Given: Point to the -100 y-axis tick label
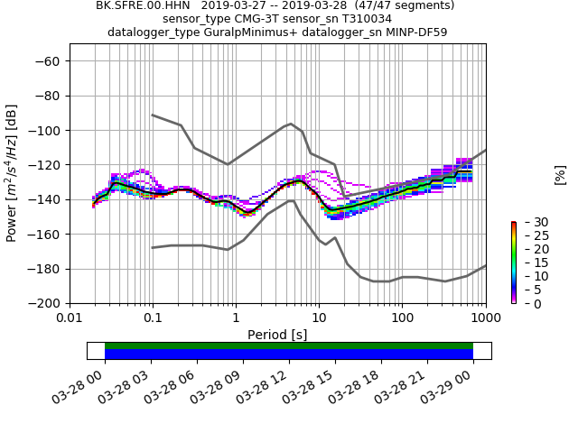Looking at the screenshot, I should point(47,131).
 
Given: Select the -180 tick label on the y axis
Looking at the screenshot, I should point(47,269).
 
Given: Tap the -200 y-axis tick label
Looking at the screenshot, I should point(47,304).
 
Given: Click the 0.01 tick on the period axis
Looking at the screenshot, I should point(70,318).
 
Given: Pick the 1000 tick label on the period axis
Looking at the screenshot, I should point(486,318).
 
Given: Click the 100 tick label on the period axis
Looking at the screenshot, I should point(402,318).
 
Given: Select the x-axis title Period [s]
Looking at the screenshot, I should point(277,335).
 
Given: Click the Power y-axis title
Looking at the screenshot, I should point(12,173).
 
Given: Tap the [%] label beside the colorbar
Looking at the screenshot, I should point(560,174).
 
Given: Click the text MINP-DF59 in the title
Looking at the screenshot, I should point(415,32).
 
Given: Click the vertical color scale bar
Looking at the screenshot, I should point(513,263).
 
